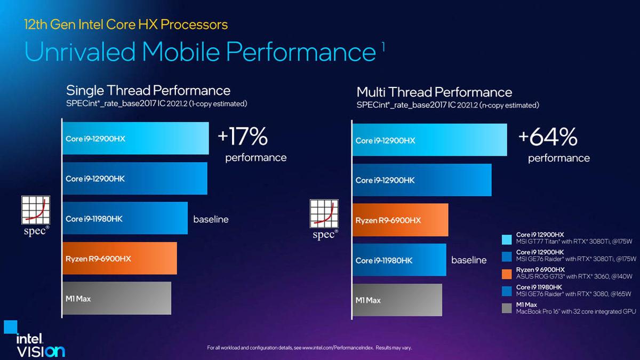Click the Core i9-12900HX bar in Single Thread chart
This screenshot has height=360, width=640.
click(135, 139)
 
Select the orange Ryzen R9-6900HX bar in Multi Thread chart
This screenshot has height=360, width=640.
click(400, 220)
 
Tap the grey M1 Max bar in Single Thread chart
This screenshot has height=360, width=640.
click(117, 299)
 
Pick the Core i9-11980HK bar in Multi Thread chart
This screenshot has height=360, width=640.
click(399, 260)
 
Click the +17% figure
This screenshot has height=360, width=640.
click(243, 137)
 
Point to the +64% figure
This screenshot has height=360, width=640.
click(548, 138)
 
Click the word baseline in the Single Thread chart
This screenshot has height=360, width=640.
click(211, 219)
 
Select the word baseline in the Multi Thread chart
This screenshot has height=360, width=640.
click(469, 260)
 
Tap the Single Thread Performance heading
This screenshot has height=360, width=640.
click(148, 90)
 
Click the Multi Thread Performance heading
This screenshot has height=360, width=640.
click(434, 92)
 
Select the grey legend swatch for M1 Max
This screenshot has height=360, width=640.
click(508, 308)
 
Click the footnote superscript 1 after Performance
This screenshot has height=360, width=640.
click(383, 46)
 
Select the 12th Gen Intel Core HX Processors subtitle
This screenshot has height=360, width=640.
click(126, 24)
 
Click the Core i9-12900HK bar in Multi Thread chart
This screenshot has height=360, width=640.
click(421, 180)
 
